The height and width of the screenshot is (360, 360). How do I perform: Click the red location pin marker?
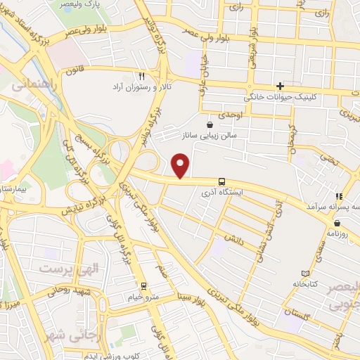pos(181,166)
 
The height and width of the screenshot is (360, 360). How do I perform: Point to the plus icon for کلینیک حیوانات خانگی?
pos(280,86)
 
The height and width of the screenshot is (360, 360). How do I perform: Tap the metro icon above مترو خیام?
pos(143,287)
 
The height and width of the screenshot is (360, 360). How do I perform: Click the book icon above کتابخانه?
pos(304,274)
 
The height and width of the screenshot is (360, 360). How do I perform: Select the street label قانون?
pos(76,70)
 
